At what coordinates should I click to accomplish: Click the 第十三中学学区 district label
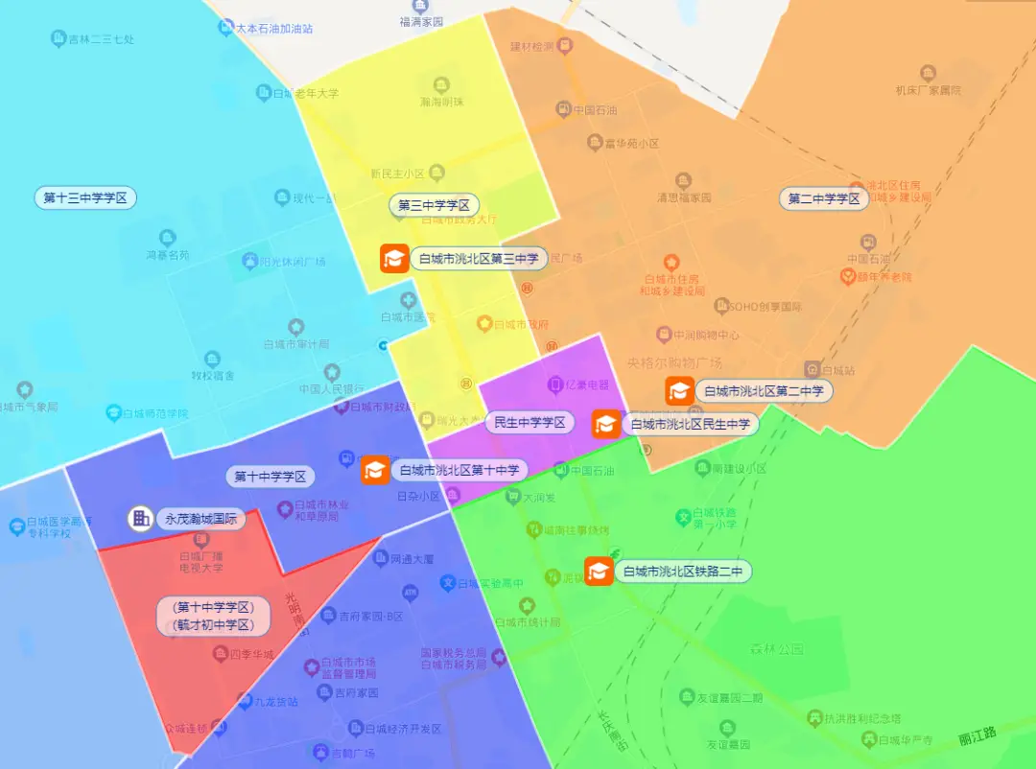(85, 198)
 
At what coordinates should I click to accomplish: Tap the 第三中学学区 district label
(434, 205)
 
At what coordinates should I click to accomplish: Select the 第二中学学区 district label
(824, 198)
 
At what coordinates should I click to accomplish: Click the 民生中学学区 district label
(530, 422)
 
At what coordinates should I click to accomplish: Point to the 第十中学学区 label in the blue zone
(271, 476)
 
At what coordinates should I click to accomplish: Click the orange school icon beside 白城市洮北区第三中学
(394, 258)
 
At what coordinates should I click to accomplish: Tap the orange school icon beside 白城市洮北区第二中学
(680, 390)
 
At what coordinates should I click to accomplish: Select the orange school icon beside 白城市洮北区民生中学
(606, 423)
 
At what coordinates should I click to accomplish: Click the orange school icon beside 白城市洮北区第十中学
(375, 470)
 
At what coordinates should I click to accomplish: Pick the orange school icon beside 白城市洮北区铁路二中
(600, 571)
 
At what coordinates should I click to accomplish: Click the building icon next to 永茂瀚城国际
(141, 519)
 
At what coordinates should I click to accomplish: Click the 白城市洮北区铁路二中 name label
(682, 572)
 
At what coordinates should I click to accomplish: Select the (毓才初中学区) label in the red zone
(213, 625)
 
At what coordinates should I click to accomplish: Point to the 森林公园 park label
(777, 649)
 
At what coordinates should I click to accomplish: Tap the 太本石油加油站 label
(274, 29)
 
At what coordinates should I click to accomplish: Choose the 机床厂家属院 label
(928, 90)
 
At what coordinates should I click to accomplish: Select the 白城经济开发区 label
(408, 729)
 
